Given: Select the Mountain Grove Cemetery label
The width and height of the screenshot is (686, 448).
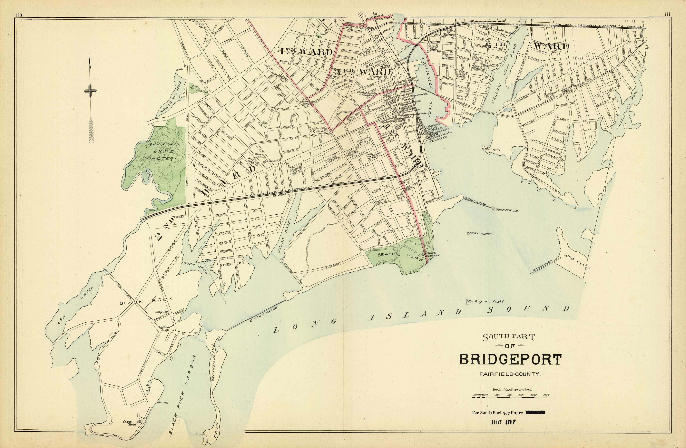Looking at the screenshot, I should point(161,151).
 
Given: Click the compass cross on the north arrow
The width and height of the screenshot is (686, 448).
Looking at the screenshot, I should point(90,91).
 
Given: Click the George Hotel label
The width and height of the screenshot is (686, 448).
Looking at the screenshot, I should point(128,423).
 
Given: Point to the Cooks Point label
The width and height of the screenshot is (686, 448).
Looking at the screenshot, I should point(491,150).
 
